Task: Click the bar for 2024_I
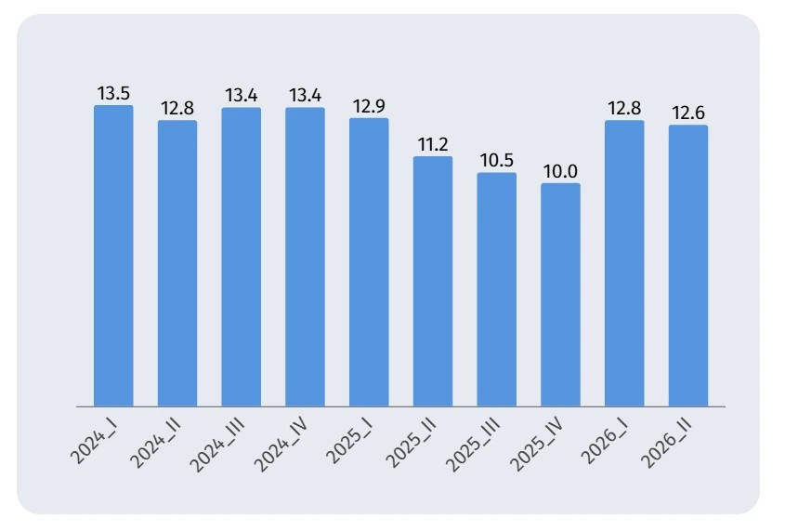[113, 256]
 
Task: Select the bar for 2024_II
[177, 263]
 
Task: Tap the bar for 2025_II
[433, 281]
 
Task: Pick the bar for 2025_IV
[560, 295]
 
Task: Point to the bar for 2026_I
[624, 263]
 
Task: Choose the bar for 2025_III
[497, 289]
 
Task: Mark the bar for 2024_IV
[305, 257]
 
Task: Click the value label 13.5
[113, 94]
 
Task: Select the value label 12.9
[369, 107]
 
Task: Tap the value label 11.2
[433, 145]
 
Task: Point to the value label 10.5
[497, 161]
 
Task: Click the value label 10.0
[560, 172]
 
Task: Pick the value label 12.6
[687, 113]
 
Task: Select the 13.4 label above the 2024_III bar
[242, 95]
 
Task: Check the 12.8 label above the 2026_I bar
[624, 108]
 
